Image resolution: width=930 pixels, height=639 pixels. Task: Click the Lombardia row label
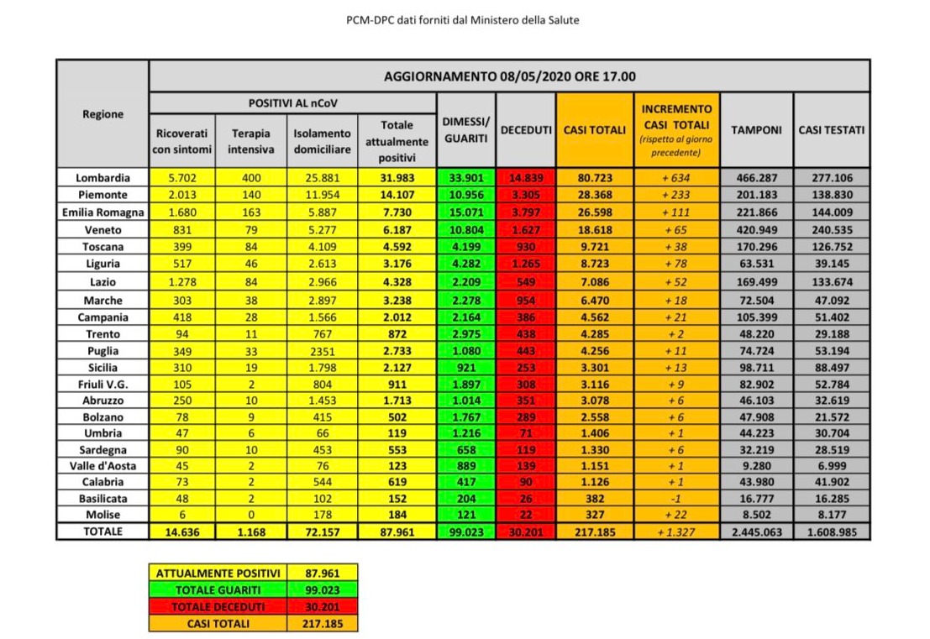102,178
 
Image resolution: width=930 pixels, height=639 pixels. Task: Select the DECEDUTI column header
526,130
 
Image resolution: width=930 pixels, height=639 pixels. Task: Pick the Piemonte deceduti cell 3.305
526,195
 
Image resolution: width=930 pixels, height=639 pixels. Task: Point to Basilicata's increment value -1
676,499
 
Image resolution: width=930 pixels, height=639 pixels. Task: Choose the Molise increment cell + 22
676,515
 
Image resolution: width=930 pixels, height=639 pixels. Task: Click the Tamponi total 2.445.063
756,532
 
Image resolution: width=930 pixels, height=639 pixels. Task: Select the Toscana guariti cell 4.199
465,246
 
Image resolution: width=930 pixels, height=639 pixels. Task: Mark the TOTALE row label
102,532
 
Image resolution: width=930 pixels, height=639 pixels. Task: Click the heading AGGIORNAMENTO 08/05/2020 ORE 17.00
509,76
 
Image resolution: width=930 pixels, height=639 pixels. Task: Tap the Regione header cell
102,114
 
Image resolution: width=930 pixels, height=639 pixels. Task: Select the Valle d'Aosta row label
102,466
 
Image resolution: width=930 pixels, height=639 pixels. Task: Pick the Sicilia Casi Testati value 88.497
831,368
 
